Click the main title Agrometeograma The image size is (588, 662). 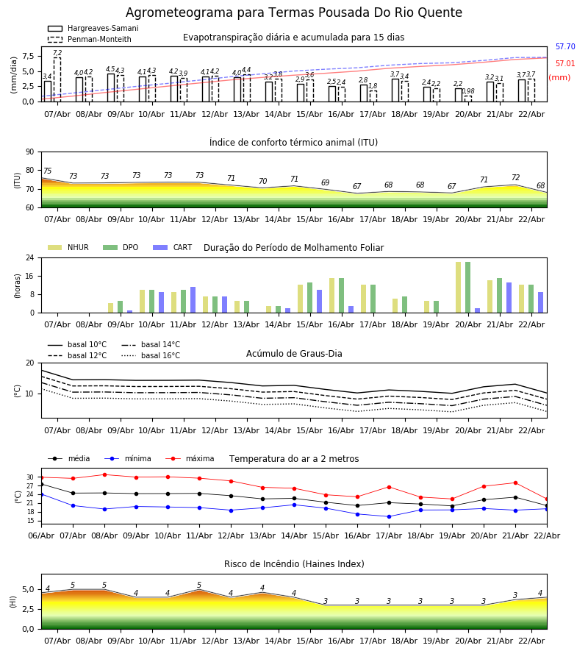[x=294, y=13]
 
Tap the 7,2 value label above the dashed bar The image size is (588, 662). [x=57, y=54]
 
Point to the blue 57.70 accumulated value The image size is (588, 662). [x=565, y=47]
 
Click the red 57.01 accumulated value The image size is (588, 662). [x=565, y=64]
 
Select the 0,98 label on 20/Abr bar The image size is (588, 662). [x=468, y=92]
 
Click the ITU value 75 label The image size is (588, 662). [x=47, y=171]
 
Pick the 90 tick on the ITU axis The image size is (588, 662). [x=29, y=152]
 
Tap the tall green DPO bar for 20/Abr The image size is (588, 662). [x=467, y=287]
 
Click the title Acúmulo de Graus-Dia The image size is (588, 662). [x=294, y=354]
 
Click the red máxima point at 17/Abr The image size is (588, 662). [x=389, y=487]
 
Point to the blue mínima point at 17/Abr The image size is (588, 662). [x=389, y=516]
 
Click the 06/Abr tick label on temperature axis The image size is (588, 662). [x=41, y=535]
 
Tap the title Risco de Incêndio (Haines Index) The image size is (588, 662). [x=294, y=564]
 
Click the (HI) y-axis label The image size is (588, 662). [x=12, y=601]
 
